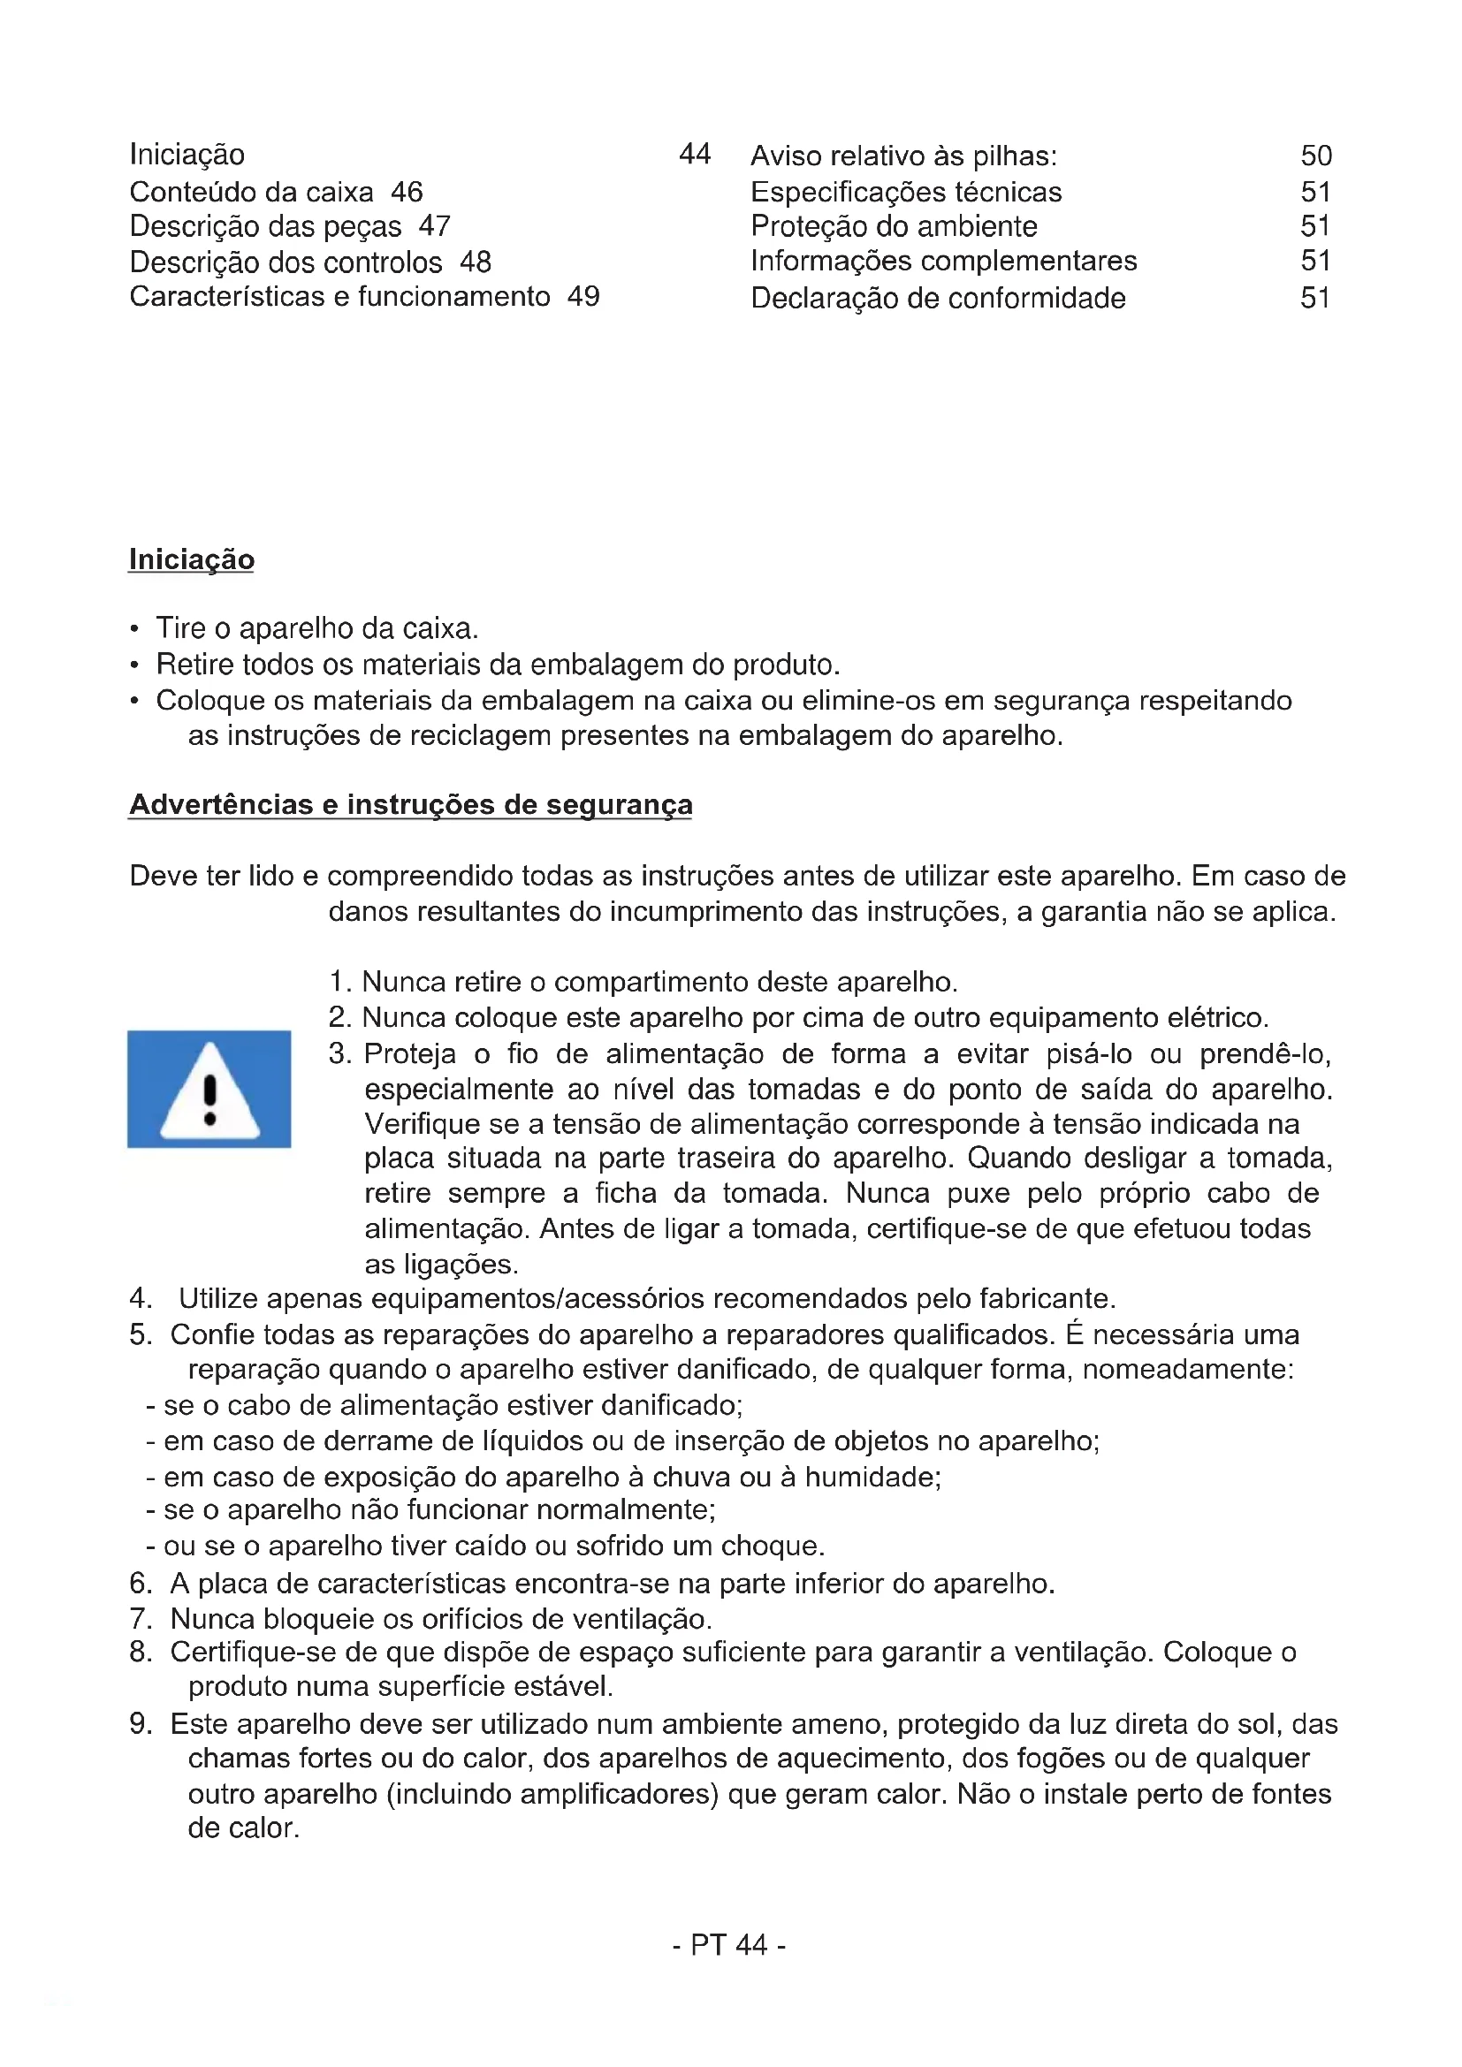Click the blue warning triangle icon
pos(209,1089)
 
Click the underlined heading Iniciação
pos(191,559)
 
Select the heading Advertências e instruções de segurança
pos(410,804)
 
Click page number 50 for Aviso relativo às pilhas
pos(1315,156)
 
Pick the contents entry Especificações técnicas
pos(906,192)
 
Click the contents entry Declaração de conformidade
pos(937,298)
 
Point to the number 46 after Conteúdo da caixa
pos(407,192)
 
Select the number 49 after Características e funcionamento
pos(583,296)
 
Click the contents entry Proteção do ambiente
pos(893,226)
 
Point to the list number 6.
pos(140,1583)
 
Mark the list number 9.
pos(140,1723)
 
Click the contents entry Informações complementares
pos(943,261)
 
